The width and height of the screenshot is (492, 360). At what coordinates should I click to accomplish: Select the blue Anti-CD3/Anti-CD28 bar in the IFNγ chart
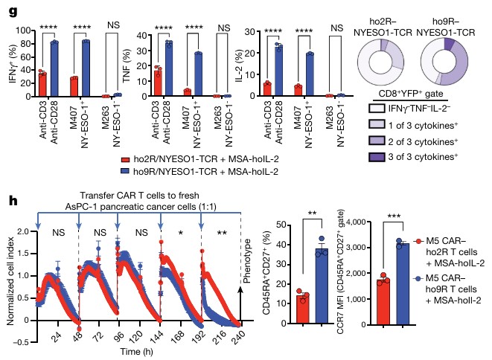tap(54, 69)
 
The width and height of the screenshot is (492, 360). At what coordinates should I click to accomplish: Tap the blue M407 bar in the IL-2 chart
tap(310, 75)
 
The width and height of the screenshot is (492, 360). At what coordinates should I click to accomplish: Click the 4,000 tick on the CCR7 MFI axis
tap(359, 222)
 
